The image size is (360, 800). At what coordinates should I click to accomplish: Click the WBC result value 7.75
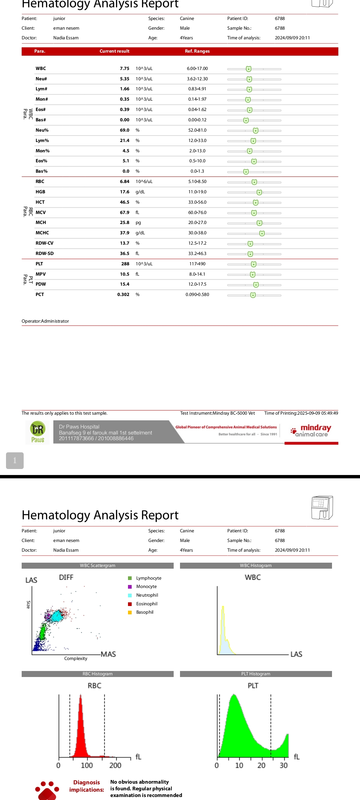(124, 69)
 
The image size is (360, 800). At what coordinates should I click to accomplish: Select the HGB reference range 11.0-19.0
(197, 192)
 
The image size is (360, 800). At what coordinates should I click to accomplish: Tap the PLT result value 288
(125, 264)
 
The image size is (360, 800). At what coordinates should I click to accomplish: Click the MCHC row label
(42, 233)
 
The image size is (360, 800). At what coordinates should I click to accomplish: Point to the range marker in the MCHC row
(262, 233)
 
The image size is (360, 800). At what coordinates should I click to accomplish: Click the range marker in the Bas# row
(246, 120)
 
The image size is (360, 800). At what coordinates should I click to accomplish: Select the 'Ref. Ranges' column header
(197, 51)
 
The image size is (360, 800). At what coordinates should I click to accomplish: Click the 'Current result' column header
(114, 51)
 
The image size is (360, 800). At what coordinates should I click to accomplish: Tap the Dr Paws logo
(38, 432)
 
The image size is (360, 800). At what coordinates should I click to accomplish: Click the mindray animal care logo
(311, 431)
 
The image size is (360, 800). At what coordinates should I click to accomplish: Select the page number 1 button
(15, 461)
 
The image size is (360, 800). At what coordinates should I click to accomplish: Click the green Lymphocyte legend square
(130, 578)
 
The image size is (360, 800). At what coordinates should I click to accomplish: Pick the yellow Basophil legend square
(130, 612)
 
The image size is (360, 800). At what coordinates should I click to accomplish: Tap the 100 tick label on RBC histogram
(87, 765)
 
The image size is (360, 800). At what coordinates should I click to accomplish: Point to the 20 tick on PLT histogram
(261, 765)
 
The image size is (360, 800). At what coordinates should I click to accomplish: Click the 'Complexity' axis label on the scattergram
(76, 659)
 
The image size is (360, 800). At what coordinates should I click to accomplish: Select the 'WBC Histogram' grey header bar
(256, 566)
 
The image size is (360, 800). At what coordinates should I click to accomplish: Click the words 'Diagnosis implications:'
(87, 786)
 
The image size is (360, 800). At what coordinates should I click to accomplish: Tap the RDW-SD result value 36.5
(124, 254)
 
